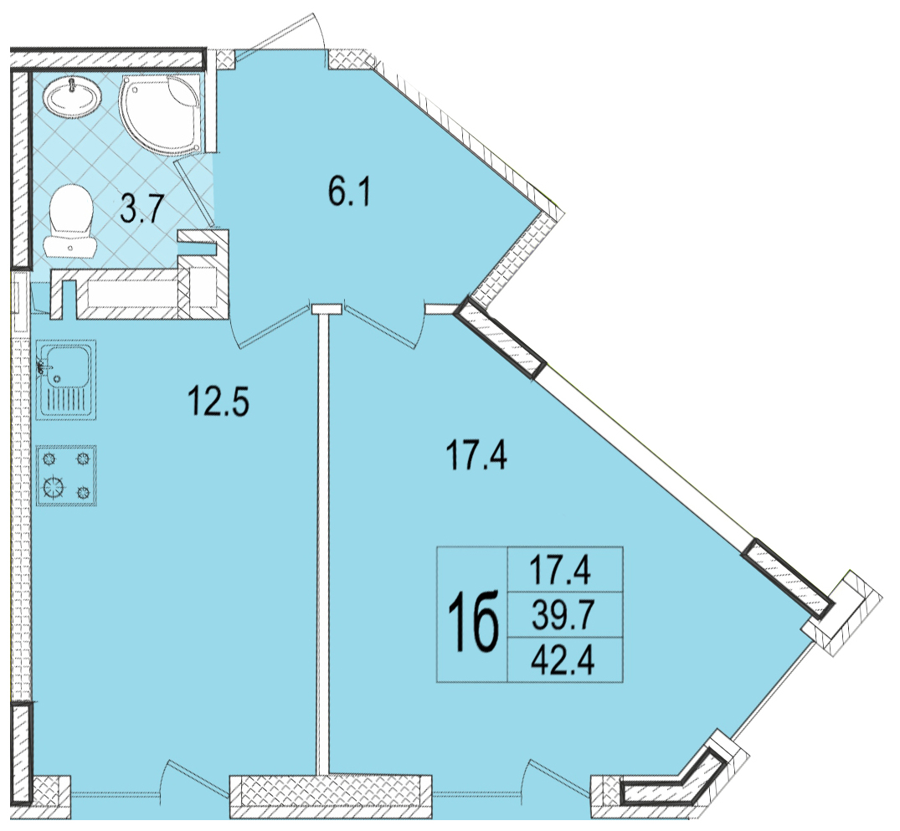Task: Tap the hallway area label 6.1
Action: coord(350,192)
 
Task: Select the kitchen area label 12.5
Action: coord(219,401)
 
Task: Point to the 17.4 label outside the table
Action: coord(476,457)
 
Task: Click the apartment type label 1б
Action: coord(473,622)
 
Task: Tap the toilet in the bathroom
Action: coord(71,220)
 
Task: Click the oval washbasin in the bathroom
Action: coord(74,98)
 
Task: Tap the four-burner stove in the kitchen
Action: coord(66,476)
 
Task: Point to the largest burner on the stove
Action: coord(54,488)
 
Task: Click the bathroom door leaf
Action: coord(194,193)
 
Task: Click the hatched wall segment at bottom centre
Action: coord(330,798)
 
